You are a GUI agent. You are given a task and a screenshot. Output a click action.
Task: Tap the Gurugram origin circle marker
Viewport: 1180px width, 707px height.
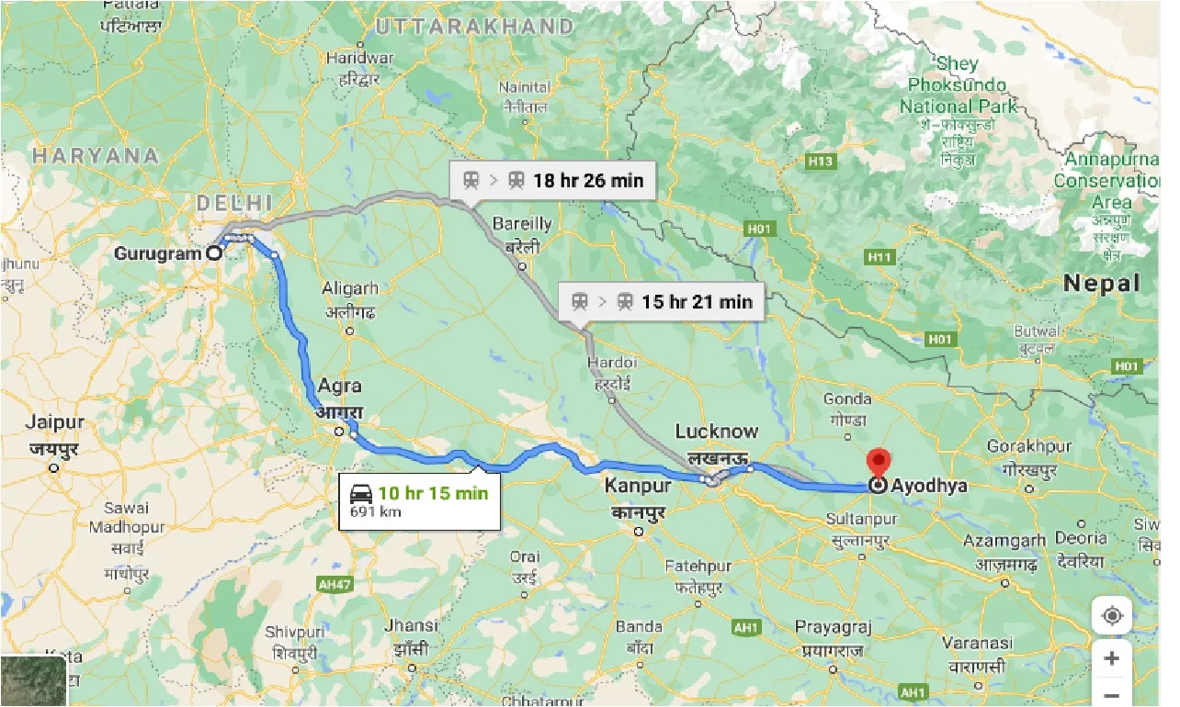tap(213, 253)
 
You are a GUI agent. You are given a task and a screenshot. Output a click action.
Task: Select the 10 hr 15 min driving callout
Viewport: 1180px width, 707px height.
tap(419, 501)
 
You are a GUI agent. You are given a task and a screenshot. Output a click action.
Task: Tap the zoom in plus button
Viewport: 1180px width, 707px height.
tap(1111, 658)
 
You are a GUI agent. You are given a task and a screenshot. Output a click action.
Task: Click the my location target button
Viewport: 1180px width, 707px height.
tap(1111, 615)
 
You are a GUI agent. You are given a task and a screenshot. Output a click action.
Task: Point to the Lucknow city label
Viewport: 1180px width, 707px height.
tap(717, 432)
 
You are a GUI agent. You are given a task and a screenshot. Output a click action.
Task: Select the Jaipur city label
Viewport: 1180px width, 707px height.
tap(55, 423)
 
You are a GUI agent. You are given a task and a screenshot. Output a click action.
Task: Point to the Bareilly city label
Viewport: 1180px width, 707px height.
tap(522, 223)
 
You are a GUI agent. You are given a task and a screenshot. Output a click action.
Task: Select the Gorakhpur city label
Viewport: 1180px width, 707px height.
tap(1028, 446)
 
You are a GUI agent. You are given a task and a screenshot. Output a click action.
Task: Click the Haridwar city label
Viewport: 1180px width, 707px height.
tap(359, 58)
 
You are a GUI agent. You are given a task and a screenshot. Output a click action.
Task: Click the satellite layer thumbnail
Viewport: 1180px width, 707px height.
tap(33, 681)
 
